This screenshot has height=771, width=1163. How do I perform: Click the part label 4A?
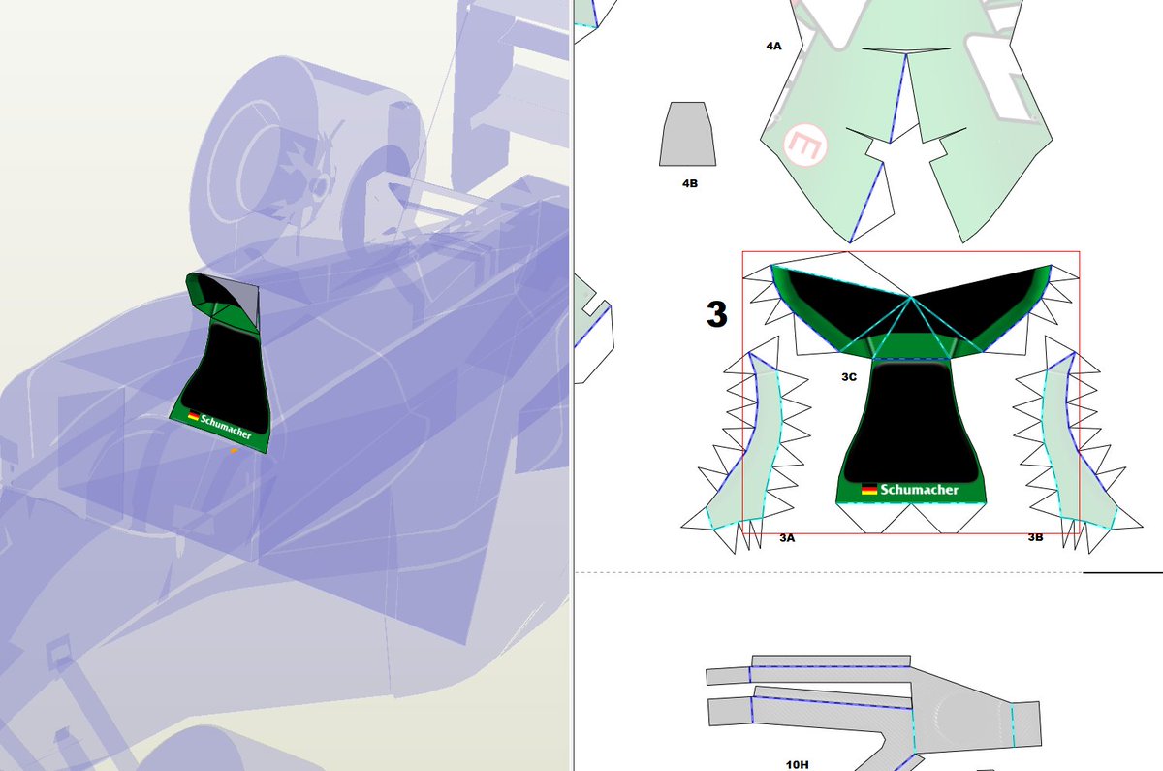pos(773,47)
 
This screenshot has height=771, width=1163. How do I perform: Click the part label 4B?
pos(689,183)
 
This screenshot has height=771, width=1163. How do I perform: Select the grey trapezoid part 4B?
pos(687,134)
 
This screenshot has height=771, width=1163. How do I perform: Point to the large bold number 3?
pos(716,314)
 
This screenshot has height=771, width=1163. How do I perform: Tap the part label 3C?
pos(849,377)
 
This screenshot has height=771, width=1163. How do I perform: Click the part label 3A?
pos(787,538)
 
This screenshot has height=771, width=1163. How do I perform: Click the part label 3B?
pos(1035,537)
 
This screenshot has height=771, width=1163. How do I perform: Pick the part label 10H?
pos(797,764)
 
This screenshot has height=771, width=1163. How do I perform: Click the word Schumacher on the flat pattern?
pos(920,490)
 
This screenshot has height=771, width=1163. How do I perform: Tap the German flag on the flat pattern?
pos(869,489)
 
